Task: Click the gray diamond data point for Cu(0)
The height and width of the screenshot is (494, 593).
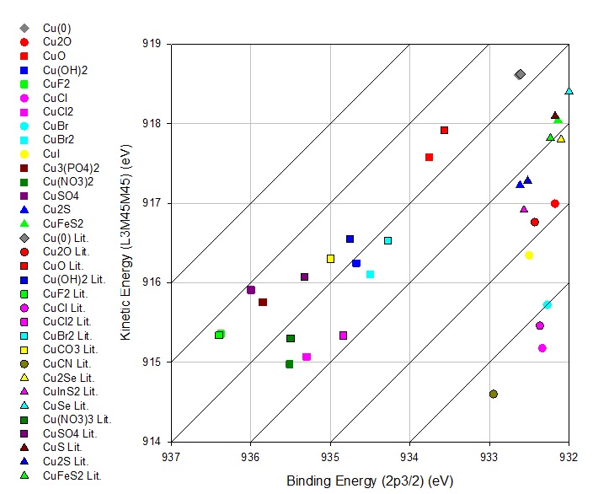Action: pos(520,74)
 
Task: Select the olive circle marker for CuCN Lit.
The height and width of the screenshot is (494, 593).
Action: pos(493,394)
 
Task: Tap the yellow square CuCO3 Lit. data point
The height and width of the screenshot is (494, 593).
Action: pos(330,259)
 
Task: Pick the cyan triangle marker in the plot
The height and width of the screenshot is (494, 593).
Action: pos(569,91)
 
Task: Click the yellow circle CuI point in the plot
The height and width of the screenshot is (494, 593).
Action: pos(529,255)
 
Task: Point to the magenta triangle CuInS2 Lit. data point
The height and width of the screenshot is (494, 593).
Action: pos(524,209)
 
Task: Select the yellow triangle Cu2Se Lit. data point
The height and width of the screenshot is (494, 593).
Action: pos(561,138)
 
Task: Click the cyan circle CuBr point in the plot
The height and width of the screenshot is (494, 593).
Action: pos(547,304)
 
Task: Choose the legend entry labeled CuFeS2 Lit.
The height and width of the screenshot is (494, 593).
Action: pos(72,475)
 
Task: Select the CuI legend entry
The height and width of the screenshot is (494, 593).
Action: pos(51,153)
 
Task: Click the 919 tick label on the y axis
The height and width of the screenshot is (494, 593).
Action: pos(154,44)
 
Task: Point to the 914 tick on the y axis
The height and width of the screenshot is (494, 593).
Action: pos(154,442)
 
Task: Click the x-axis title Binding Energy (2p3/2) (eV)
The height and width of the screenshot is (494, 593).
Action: pos(370,481)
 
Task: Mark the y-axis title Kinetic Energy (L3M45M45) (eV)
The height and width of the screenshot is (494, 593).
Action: pos(126,243)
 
